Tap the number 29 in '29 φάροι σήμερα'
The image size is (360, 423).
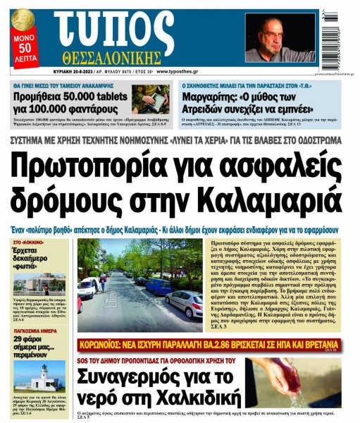tap(20, 341)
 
